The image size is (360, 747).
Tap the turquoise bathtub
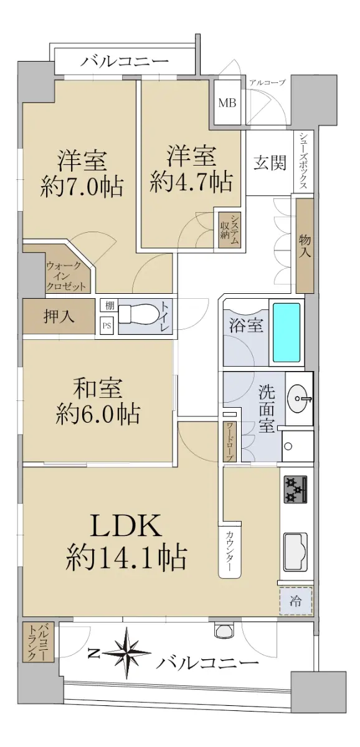pos(287,332)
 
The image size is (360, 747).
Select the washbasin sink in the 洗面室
pos(299,398)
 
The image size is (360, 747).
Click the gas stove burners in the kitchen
pos(296,490)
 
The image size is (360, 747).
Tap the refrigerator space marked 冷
pos(296,601)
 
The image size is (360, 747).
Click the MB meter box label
pos(227,103)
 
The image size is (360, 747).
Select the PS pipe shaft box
pos(107,326)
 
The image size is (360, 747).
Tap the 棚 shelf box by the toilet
pos(109,305)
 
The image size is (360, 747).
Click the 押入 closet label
pos(59,316)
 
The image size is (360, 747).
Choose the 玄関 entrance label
pos(270,163)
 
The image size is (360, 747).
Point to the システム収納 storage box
pos(230,230)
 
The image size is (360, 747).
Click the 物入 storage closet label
pos(305,245)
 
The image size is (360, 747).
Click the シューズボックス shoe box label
pos(303,161)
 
